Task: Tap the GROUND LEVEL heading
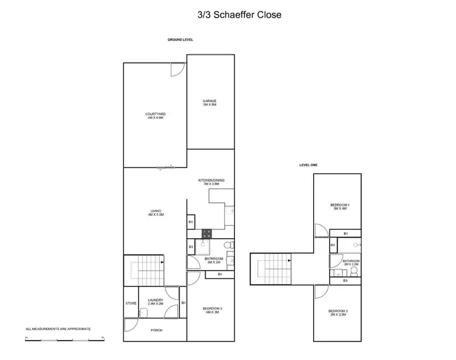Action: coord(180,40)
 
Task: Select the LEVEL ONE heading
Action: coord(309,165)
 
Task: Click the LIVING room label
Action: coord(156,213)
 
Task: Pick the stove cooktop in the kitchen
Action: coord(206,232)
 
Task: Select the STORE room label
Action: coord(131,303)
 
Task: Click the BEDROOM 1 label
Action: coord(339,206)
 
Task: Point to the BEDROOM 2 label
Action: coord(339,313)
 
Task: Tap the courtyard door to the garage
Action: coord(176,70)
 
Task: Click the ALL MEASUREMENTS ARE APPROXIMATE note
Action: coord(58,328)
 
